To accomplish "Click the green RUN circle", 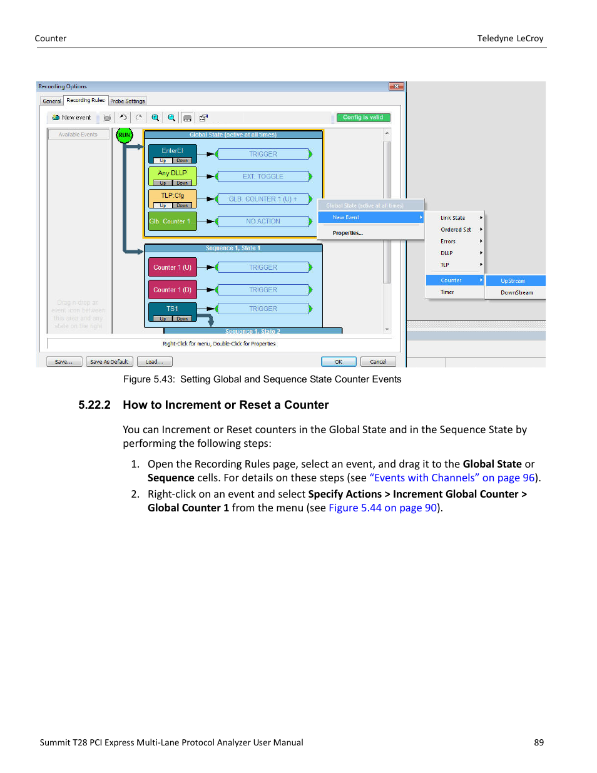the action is click(x=125, y=135).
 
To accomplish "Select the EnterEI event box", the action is click(x=172, y=151).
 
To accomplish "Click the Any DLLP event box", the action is click(x=172, y=173).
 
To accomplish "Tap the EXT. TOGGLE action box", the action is click(x=263, y=177).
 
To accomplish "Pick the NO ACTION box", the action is click(x=263, y=222).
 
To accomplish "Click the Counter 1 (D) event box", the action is click(x=172, y=290).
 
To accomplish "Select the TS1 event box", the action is click(x=172, y=309).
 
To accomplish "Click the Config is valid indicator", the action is click(x=363, y=118).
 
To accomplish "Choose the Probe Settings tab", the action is click(x=128, y=101).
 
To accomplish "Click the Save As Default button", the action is click(x=109, y=362).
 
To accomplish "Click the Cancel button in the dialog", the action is click(x=378, y=362).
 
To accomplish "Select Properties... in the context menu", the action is click(x=347, y=233).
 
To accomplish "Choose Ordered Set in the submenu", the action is click(x=456, y=230).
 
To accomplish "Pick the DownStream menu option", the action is click(x=516, y=293).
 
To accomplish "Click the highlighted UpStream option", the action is click(x=513, y=281).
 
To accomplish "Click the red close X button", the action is click(x=395, y=86).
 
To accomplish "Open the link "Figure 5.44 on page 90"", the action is click(x=382, y=508).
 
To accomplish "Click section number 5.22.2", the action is click(x=94, y=405).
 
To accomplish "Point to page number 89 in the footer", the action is click(x=539, y=742).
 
